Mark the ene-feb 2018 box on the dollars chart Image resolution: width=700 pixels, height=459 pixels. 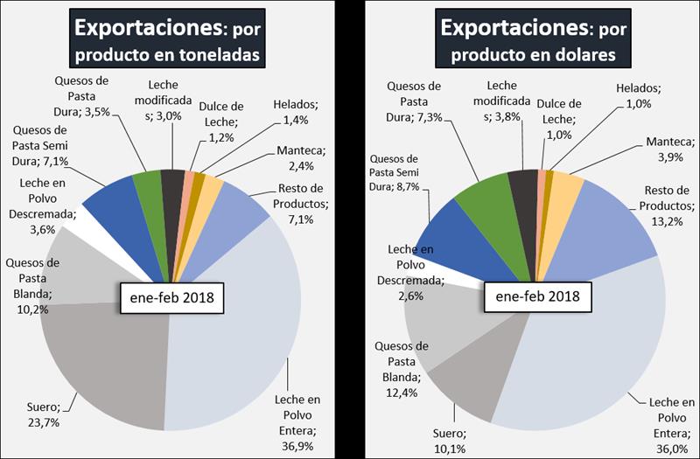[x=535, y=297]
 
